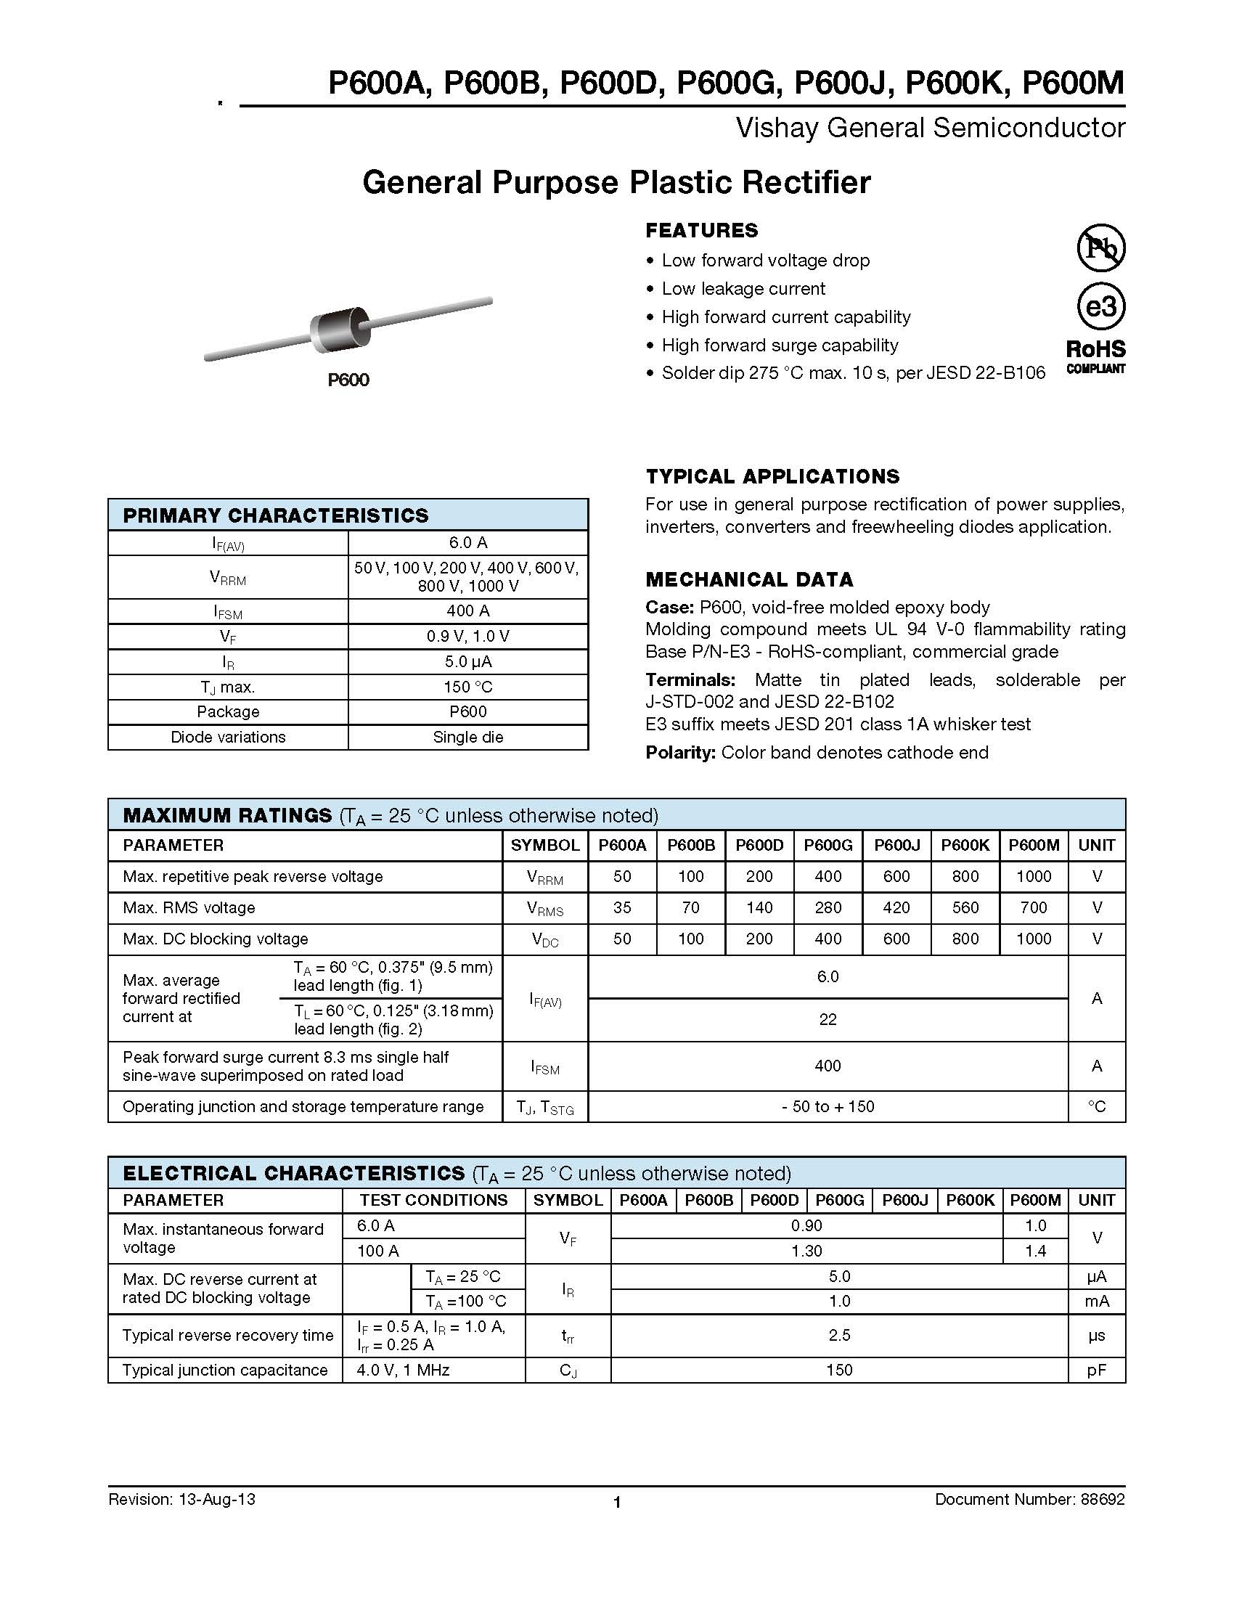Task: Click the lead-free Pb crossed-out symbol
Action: [1101, 248]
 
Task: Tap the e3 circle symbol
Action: [1101, 306]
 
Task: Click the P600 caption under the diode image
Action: [348, 380]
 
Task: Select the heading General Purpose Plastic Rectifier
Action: [616, 182]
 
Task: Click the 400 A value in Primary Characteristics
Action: [468, 610]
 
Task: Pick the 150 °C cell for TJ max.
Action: [468, 687]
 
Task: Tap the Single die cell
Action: [468, 737]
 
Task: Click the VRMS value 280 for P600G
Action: [828, 907]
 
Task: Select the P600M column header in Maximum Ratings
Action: [1034, 845]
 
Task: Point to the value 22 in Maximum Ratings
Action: [828, 1019]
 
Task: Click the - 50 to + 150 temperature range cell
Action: [828, 1106]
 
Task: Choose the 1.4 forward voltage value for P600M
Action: [1035, 1251]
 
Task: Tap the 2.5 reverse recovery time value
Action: [839, 1335]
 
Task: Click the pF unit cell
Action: [1096, 1371]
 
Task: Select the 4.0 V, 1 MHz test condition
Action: [403, 1371]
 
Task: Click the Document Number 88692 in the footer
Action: [1029, 1499]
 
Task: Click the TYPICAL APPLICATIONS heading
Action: [772, 477]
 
